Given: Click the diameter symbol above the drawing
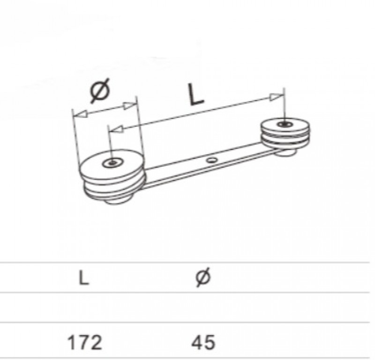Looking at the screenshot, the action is point(100,91).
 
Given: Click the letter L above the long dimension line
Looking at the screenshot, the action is point(195,95).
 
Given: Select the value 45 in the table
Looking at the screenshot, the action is point(203,343).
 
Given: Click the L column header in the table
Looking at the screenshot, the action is point(84,278).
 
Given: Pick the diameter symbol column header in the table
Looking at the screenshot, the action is point(203,277).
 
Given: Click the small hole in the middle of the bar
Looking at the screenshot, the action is point(212,160).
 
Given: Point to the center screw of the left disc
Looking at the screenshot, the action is point(112,163).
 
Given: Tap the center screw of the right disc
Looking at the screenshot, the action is point(285,124).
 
